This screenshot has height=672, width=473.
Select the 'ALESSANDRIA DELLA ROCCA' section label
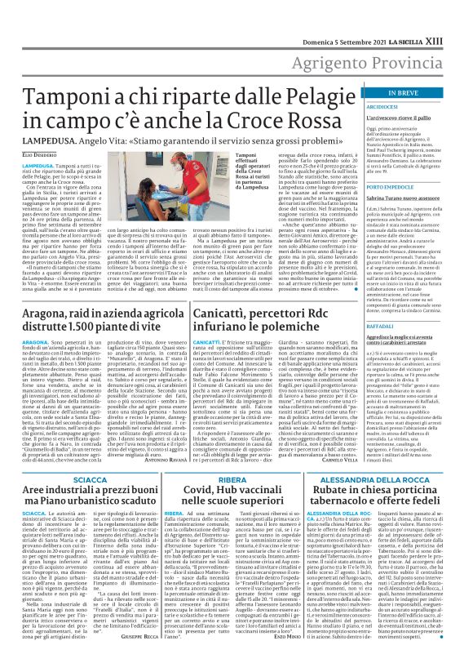[x=393, y=459]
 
